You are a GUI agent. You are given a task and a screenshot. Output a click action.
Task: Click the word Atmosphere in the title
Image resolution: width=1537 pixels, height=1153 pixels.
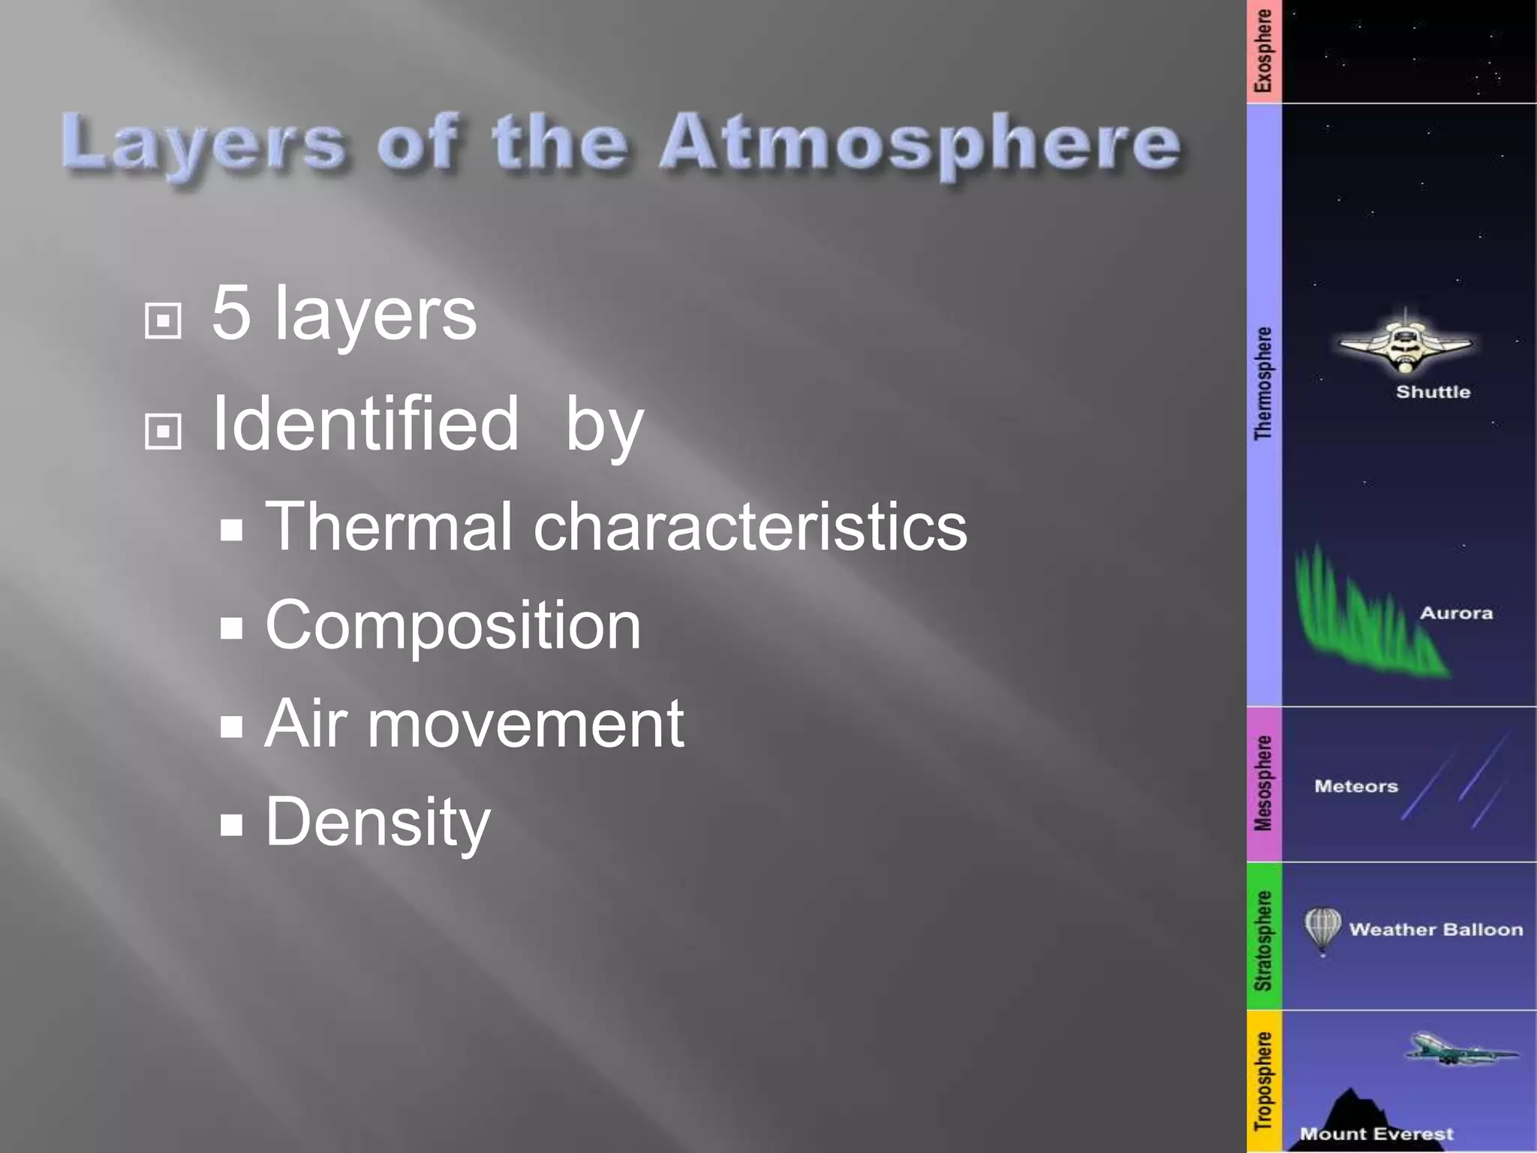pos(919,143)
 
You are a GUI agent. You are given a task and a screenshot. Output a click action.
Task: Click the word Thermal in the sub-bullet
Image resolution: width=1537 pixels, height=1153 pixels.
pos(389,526)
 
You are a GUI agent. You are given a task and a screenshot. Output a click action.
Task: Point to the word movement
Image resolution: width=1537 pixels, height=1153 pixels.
pos(525,724)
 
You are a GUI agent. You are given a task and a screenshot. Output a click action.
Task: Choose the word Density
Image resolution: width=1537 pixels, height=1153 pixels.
pos(377,823)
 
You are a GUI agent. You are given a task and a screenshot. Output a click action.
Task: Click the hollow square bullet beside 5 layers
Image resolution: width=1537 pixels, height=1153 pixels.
pos(163,321)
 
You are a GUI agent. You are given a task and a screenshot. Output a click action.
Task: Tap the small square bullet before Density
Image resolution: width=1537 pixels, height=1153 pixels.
pos(232,826)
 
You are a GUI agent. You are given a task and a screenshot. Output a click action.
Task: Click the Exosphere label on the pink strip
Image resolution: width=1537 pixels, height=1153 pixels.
pos(1264,51)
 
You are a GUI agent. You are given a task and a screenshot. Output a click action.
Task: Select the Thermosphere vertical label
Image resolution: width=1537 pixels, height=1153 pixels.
pos(1264,383)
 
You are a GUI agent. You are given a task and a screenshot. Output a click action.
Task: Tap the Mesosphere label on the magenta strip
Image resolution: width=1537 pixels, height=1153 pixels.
pos(1264,784)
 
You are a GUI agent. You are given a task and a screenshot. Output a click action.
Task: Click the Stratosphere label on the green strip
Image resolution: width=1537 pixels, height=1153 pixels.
pos(1264,940)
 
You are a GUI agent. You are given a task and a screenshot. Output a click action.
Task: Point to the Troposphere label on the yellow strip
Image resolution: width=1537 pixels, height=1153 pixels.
pos(1264,1081)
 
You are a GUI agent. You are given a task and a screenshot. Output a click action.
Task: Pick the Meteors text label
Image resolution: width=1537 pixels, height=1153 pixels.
pos(1356,787)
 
